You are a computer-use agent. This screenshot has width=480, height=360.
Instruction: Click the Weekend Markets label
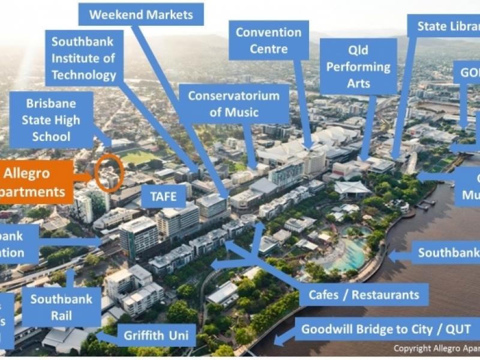pos(142,14)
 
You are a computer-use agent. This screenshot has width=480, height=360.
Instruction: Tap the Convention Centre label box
pos(268,40)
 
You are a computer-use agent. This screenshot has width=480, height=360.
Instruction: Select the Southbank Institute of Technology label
pos(84,58)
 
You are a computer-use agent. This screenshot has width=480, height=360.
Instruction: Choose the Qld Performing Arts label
pos(359,66)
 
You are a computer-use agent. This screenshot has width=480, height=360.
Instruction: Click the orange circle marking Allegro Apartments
pos(109,173)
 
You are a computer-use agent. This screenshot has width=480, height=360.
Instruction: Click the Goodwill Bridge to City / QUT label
pos(386,329)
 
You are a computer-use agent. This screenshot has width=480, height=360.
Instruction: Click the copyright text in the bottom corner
pos(436,348)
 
